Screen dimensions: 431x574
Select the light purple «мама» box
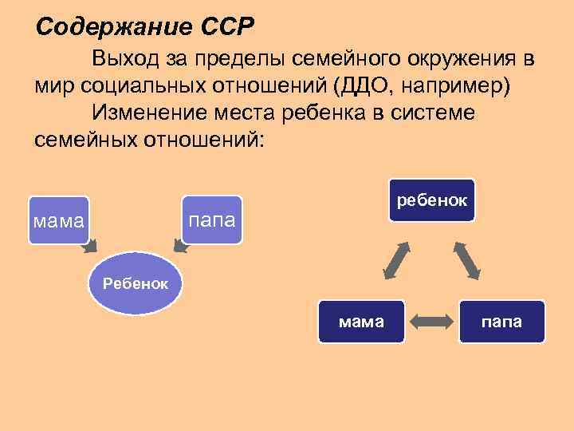[x=59, y=219]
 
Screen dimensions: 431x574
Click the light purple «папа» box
[x=211, y=219]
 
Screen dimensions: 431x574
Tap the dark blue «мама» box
[x=361, y=322]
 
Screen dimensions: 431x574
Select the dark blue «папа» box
[x=502, y=322]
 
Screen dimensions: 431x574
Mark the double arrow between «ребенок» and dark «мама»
[x=396, y=260]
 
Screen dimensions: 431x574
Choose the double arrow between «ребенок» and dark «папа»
[x=468, y=260]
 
